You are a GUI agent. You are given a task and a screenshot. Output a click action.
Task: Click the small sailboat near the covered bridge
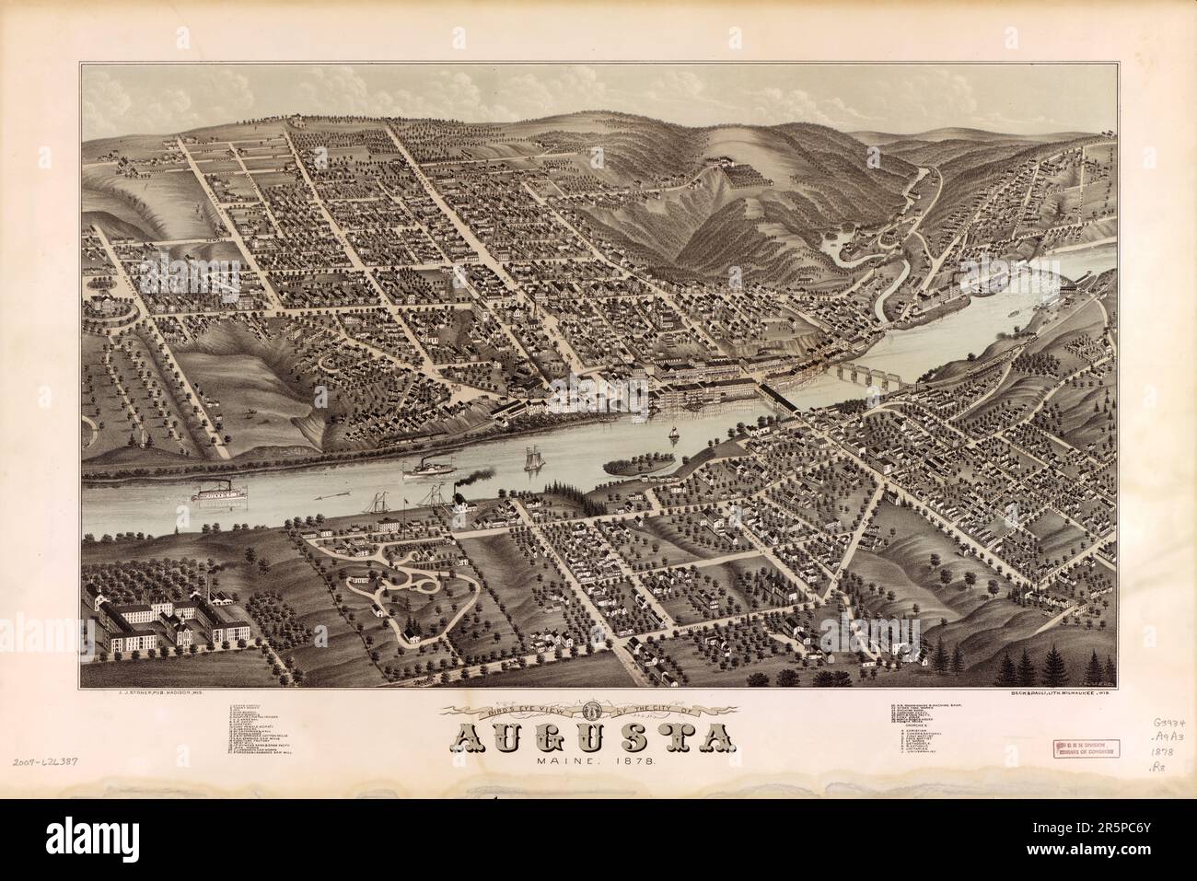click(x=673, y=433)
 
